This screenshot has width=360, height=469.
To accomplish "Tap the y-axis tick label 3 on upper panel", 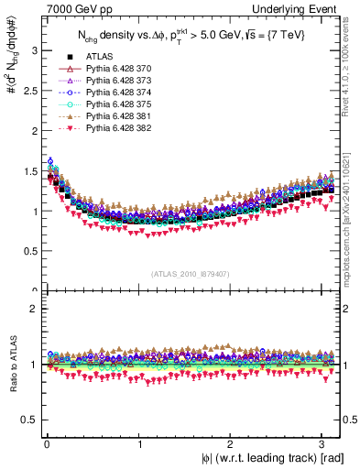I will click(34, 49).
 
